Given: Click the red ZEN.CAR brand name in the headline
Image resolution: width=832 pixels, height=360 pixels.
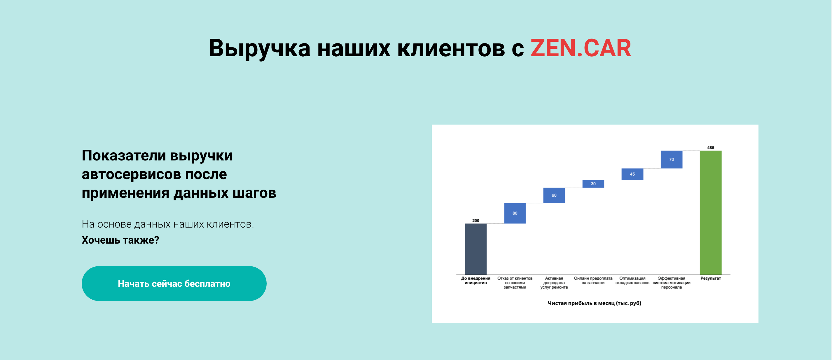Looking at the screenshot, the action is pos(581,48).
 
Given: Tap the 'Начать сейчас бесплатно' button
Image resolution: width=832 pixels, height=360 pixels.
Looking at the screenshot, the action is pos(174,284).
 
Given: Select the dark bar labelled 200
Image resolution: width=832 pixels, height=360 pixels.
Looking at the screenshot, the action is pos(476,249).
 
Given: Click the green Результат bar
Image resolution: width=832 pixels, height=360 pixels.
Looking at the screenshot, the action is pos(711,212).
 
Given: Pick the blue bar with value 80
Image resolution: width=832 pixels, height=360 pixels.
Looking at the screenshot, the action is pos(515,213).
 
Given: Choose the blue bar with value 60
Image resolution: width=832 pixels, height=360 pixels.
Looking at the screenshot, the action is pos(554,195).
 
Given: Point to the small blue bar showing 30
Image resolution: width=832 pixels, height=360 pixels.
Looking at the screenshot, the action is pos(593,184).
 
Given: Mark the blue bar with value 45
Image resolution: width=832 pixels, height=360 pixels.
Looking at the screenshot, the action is pos(632,174).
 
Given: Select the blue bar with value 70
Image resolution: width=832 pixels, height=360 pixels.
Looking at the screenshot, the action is pos(672,160).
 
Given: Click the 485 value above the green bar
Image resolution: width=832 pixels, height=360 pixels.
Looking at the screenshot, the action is pos(711,148).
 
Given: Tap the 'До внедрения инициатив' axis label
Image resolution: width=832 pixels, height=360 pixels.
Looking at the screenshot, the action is pos(476,281).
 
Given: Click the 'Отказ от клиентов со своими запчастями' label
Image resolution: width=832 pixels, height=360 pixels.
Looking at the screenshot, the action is pos(515,283).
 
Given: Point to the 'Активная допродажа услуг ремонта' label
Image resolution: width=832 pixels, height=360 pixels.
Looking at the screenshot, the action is pos(554,283).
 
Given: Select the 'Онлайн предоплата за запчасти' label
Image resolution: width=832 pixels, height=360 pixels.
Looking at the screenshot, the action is pos(593,281).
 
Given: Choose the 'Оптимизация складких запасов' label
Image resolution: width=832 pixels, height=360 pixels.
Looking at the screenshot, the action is pos(632,281).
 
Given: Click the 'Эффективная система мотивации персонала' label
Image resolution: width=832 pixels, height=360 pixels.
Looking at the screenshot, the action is pos(672,283).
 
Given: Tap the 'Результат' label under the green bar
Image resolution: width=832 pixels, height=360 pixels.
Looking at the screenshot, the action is pos(711,278).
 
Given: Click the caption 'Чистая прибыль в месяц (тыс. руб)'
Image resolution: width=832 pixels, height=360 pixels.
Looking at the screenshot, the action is pos(594,303).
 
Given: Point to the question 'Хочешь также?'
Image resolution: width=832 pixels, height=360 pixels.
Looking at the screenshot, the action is pos(120,240).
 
